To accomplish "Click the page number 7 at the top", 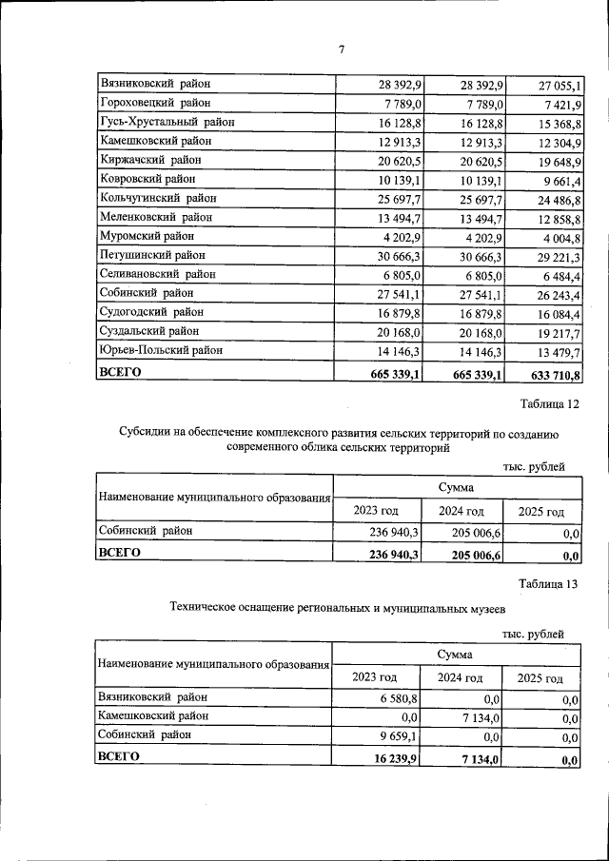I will [340, 50].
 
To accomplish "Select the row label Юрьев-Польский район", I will [161, 350].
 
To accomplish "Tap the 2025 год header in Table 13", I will [540, 677].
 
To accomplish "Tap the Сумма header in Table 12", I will [457, 487].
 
